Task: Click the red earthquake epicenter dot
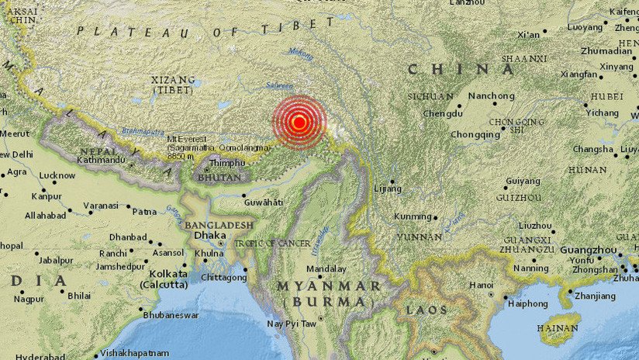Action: pyautogui.click(x=299, y=122)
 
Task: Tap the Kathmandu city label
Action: pyautogui.click(x=102, y=160)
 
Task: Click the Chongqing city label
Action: pyautogui.click(x=476, y=133)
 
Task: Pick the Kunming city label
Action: pyautogui.click(x=413, y=217)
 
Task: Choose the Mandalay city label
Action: pyautogui.click(x=326, y=269)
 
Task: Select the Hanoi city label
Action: pyautogui.click(x=481, y=285)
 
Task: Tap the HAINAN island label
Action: pyautogui.click(x=558, y=328)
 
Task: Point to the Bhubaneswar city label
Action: pyautogui.click(x=171, y=315)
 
